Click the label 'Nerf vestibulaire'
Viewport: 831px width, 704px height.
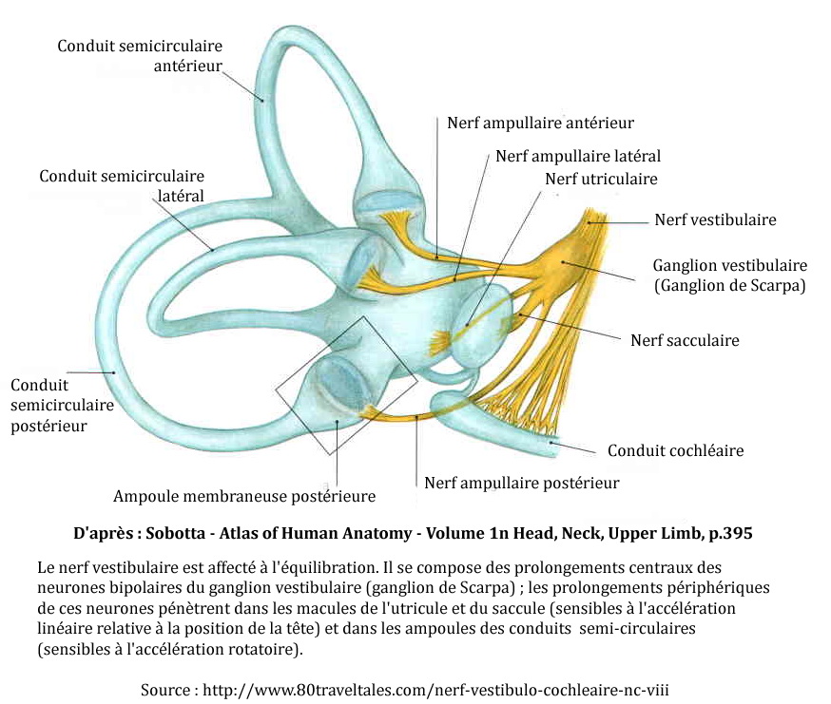point(715,220)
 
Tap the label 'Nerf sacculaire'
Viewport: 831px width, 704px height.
point(685,339)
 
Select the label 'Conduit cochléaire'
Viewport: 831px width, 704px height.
point(675,450)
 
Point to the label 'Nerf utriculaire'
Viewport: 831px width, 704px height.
point(600,179)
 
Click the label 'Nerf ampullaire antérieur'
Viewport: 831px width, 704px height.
point(540,123)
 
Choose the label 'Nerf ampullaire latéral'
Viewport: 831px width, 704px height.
point(577,156)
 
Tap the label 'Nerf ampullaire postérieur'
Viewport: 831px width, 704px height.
point(521,483)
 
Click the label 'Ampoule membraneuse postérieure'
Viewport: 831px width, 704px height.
point(244,496)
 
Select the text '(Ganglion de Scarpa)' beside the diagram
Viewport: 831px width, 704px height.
point(729,285)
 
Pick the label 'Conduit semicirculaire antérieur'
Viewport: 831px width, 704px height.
point(139,56)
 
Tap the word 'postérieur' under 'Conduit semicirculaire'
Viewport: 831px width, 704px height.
point(48,426)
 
